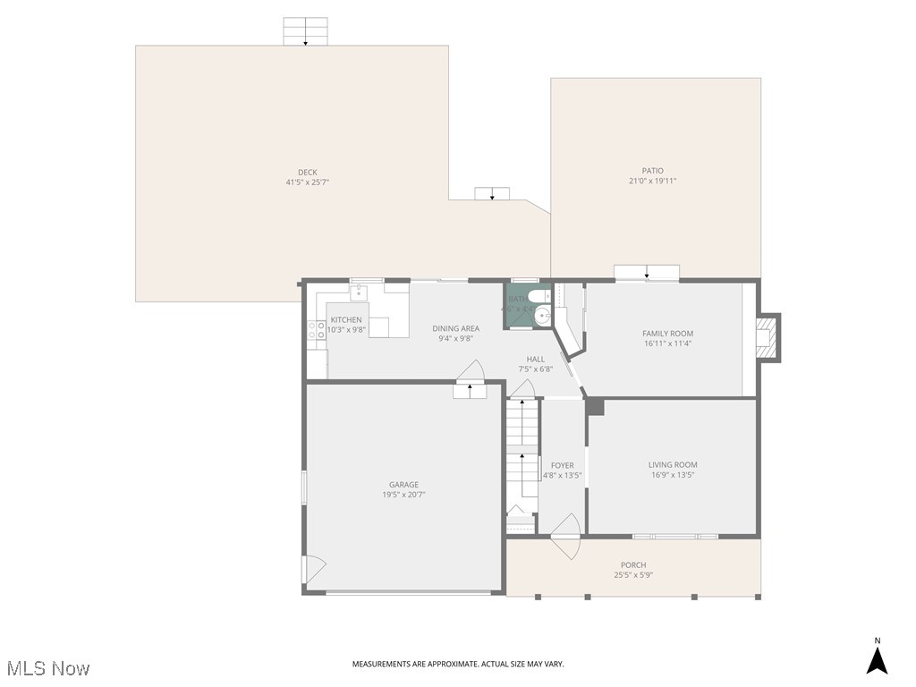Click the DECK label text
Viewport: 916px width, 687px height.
tap(308, 173)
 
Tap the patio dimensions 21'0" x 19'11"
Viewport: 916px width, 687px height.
tap(652, 181)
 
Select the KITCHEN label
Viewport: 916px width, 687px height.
tap(346, 319)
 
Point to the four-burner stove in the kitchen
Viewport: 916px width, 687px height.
tap(317, 333)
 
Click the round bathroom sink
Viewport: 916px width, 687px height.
tap(542, 316)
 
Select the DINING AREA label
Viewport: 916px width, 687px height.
tap(456, 328)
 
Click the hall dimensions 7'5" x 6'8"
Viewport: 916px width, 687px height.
tap(535, 369)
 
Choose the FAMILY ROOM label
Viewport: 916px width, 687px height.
tap(667, 334)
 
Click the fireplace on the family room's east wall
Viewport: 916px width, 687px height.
tap(766, 337)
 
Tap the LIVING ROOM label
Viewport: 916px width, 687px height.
tap(673, 464)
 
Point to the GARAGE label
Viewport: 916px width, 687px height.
tap(403, 485)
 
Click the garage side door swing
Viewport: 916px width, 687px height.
tap(314, 567)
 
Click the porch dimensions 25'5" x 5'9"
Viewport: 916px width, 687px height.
tap(633, 575)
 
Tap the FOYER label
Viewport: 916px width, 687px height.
tap(563, 465)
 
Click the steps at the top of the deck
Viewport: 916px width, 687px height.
tap(305, 31)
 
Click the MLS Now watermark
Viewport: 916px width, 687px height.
tap(47, 668)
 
